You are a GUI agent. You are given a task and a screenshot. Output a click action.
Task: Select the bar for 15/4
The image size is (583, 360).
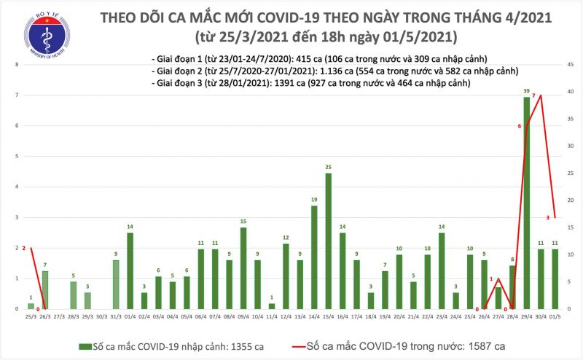coord(329,241)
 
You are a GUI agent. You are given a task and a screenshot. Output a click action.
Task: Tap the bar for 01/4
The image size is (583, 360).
coord(130,270)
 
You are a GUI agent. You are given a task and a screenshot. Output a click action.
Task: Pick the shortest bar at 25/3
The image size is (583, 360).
coord(31,306)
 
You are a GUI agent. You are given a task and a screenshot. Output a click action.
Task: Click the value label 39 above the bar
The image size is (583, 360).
coord(526,90)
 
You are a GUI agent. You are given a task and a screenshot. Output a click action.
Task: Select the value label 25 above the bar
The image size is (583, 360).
coord(329,166)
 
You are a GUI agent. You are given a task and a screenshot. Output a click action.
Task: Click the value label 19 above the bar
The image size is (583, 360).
coord(314,199)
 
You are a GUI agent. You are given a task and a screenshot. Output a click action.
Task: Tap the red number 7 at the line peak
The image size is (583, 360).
coord(534,95)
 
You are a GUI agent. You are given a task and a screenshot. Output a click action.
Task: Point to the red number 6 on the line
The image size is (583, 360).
coord(520,126)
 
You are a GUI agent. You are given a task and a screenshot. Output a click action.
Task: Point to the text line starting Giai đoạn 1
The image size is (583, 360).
coord(317,58)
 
